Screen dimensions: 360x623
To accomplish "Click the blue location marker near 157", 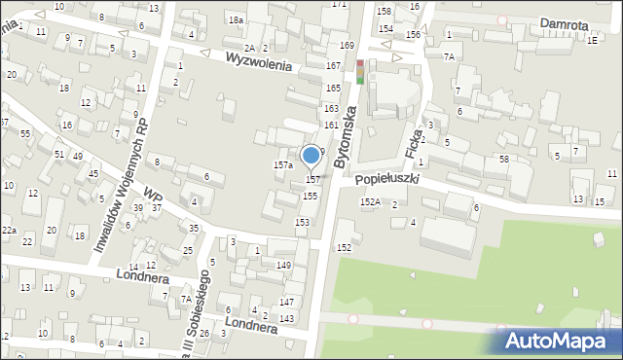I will click(311, 156).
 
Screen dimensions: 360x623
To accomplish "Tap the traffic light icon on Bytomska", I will click(360, 72).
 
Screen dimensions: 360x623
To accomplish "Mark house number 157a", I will click(282, 165).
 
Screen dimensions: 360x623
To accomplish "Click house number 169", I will click(347, 46).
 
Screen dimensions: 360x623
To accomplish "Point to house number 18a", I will click(236, 19).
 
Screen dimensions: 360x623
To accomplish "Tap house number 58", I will click(504, 159).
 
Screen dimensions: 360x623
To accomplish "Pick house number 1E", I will click(592, 39).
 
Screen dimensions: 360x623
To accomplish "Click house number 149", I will click(284, 266).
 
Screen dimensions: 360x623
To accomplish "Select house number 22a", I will click(9, 229).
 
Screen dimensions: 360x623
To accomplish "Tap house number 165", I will click(332, 88).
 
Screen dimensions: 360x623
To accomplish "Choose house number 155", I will click(310, 196).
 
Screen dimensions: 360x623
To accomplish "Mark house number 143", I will click(286, 319).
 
